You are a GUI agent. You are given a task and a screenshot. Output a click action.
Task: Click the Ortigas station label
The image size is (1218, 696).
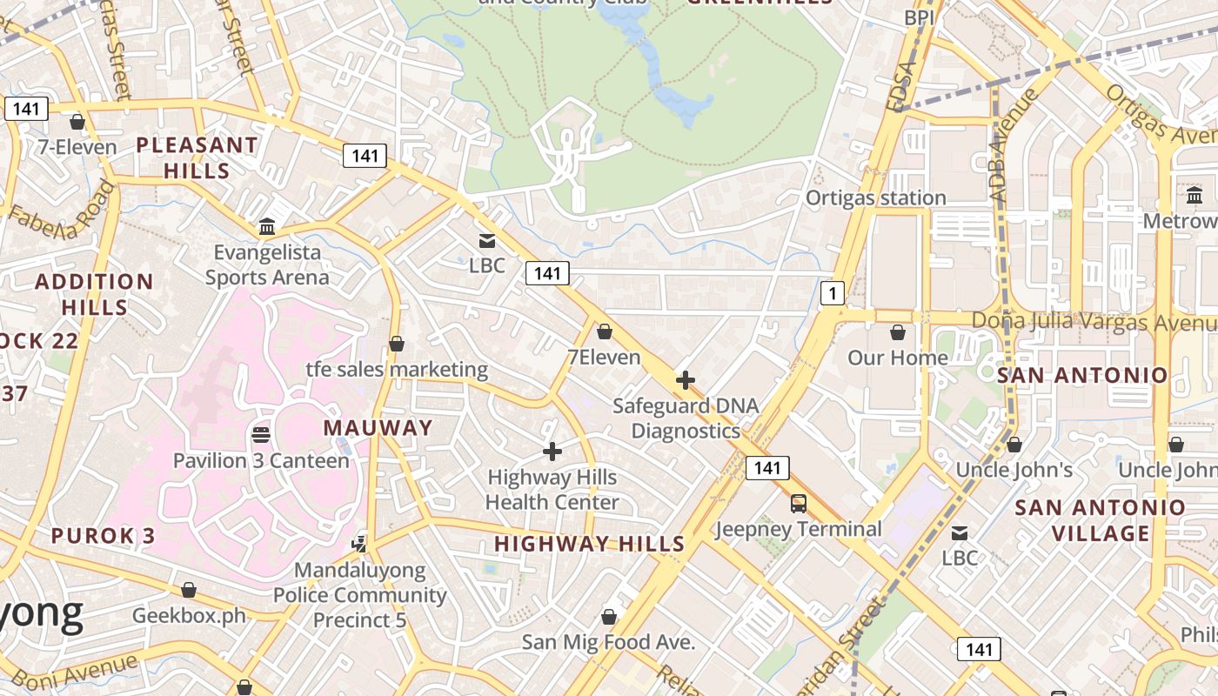click(x=875, y=197)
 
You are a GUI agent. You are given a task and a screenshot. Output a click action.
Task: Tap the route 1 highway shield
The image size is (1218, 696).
click(x=833, y=293)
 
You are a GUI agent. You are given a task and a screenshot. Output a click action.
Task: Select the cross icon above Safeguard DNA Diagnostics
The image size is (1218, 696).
click(x=686, y=380)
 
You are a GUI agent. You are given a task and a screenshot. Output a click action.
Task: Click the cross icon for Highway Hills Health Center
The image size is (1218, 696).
click(x=552, y=452)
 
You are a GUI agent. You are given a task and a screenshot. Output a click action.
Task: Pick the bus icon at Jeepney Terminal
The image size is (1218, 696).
click(x=798, y=504)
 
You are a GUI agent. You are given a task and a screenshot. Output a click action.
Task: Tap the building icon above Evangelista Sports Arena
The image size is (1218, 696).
click(x=267, y=227)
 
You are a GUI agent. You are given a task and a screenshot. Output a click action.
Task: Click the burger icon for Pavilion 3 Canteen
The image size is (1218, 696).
click(x=261, y=434)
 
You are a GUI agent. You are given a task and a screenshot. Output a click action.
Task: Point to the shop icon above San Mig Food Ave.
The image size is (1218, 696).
click(x=609, y=617)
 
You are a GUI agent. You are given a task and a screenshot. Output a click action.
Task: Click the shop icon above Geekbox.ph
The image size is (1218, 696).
click(x=189, y=590)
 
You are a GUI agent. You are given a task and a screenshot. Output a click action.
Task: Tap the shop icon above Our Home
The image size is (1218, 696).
click(x=898, y=332)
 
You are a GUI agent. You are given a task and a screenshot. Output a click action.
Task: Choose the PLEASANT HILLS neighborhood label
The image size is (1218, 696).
click(x=197, y=157)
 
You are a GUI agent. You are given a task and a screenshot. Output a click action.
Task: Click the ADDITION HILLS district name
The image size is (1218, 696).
click(x=94, y=294)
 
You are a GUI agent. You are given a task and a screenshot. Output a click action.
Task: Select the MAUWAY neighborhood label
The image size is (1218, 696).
click(x=378, y=428)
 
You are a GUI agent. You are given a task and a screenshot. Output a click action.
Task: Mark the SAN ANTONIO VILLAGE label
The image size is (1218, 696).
click(x=1101, y=519)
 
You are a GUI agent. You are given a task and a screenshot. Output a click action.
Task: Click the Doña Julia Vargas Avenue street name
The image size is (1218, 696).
click(x=1094, y=320)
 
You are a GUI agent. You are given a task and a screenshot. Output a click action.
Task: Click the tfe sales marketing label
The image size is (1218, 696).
click(x=397, y=369)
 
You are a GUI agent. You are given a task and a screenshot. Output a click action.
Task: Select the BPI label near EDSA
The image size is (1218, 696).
click(x=919, y=17)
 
